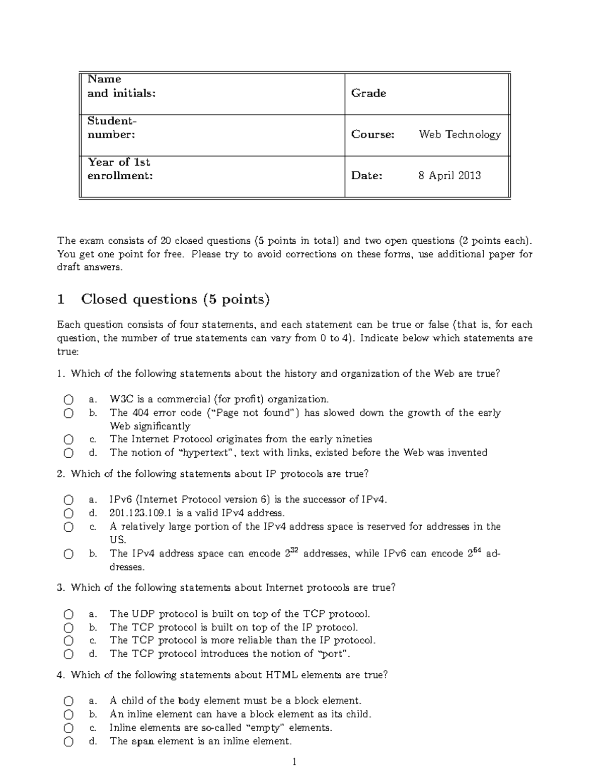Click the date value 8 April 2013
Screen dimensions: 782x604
449,176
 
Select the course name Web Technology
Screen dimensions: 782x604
460,134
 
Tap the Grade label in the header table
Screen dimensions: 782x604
368,93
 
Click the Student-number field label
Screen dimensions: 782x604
112,128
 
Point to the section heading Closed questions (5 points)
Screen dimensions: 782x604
175,300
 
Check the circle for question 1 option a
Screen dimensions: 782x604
68,400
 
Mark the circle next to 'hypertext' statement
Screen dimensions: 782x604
68,453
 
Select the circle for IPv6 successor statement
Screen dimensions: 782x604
68,500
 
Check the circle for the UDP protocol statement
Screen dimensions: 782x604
68,614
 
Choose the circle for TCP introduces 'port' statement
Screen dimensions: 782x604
68,655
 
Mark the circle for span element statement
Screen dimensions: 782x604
68,742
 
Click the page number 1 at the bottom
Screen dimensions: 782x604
294,762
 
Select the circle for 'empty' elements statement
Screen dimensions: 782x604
68,728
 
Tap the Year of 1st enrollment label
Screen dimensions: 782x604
120,169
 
